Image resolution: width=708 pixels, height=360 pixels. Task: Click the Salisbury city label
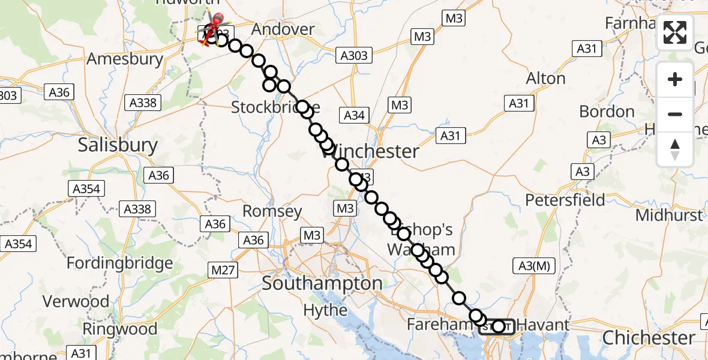[118, 145]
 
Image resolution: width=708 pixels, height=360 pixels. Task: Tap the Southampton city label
[322, 283]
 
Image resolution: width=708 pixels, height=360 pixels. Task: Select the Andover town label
[283, 29]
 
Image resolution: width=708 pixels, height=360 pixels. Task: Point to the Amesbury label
[125, 59]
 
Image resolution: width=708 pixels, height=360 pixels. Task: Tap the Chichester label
[649, 338]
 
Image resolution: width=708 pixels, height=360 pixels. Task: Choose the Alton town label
[545, 79]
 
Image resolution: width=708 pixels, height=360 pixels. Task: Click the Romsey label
[272, 211]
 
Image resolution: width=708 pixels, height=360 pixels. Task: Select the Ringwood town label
[119, 329]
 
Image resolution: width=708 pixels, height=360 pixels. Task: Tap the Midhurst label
[669, 215]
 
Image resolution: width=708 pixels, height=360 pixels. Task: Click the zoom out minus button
[675, 114]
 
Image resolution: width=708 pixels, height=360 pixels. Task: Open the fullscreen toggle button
[675, 32]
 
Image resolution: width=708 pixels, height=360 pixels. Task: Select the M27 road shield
[223, 271]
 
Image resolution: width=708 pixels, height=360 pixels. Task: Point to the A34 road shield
[354, 115]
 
